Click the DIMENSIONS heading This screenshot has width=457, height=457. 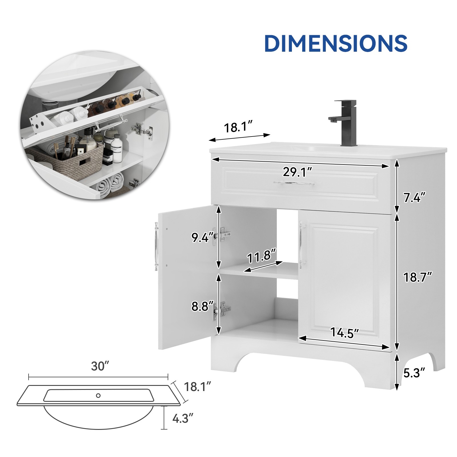click(336, 43)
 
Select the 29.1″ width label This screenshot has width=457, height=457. click(297, 172)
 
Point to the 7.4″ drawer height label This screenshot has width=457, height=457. click(414, 197)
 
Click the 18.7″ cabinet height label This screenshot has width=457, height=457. click(417, 277)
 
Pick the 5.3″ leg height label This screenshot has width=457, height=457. click(414, 373)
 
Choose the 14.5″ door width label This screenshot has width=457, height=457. click(344, 332)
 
